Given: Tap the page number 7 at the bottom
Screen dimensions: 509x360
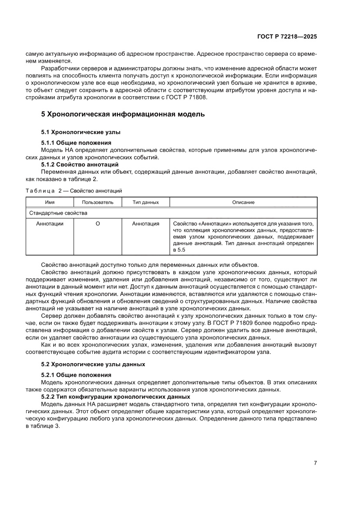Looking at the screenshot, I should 315,463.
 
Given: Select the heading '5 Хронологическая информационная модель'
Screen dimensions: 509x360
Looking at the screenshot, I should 122,115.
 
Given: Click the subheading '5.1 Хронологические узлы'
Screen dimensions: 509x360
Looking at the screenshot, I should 81,131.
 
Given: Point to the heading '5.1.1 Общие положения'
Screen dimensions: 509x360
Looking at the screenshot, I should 76,142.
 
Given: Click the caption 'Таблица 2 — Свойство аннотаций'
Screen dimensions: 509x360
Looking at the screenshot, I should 74,191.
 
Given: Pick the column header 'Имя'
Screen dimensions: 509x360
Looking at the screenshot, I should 50,202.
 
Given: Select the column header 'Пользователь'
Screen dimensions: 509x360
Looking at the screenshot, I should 98,202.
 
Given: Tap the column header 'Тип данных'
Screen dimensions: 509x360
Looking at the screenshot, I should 145,202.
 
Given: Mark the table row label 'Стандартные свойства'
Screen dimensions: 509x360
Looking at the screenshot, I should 58,213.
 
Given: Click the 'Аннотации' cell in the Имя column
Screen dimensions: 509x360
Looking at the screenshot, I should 50,224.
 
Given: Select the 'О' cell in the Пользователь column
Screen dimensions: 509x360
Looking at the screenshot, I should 98,224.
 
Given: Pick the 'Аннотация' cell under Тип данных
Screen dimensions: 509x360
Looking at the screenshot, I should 145,224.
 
